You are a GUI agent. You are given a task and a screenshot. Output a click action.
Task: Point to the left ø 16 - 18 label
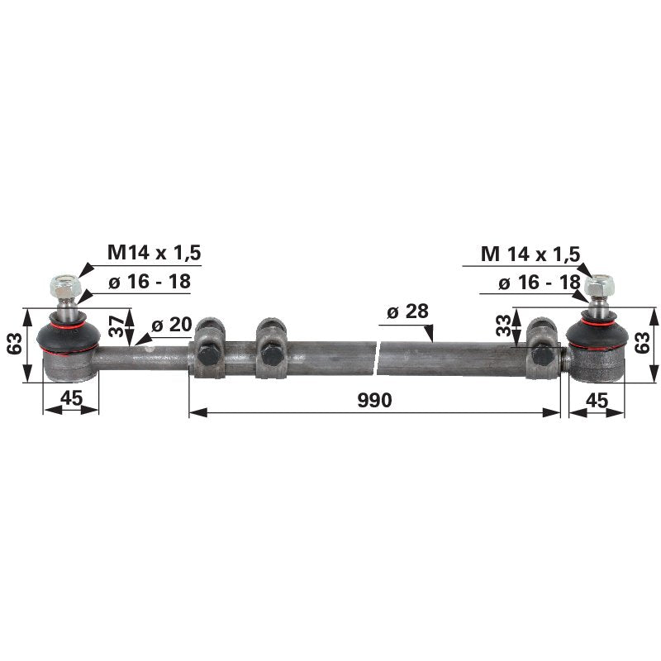pyautogui.click(x=149, y=282)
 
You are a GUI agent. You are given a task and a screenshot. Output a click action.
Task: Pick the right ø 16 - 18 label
pyautogui.click(x=540, y=283)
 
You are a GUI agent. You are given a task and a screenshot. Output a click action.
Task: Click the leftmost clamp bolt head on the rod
pyautogui.click(x=207, y=354)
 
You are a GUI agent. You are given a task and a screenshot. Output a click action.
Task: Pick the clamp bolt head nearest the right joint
pyautogui.click(x=542, y=354)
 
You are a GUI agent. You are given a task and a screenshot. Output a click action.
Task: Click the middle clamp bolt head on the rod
pyautogui.click(x=269, y=354)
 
